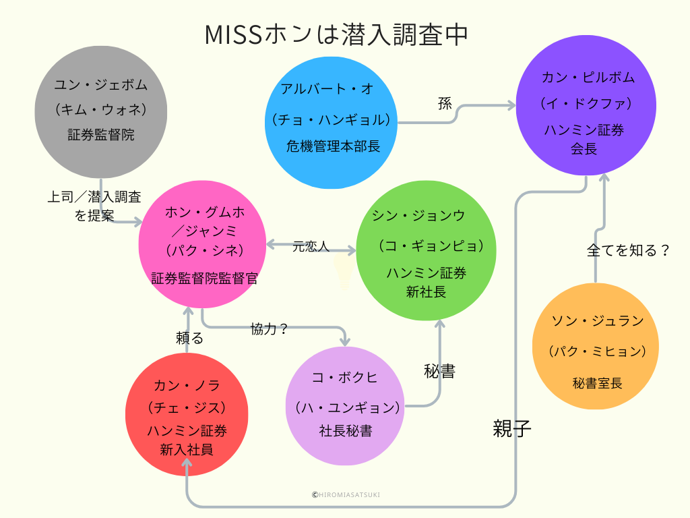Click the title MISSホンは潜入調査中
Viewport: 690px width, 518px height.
[x=336, y=35]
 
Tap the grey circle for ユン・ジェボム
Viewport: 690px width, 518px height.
[x=100, y=111]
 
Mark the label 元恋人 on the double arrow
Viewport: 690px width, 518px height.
[x=311, y=247]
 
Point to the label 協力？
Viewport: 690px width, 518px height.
[x=270, y=329]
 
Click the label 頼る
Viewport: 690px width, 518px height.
[x=189, y=338]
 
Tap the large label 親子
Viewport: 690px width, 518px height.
[x=512, y=428]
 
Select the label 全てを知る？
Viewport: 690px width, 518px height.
[x=629, y=250]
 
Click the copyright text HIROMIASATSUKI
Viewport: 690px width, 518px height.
[x=346, y=494]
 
